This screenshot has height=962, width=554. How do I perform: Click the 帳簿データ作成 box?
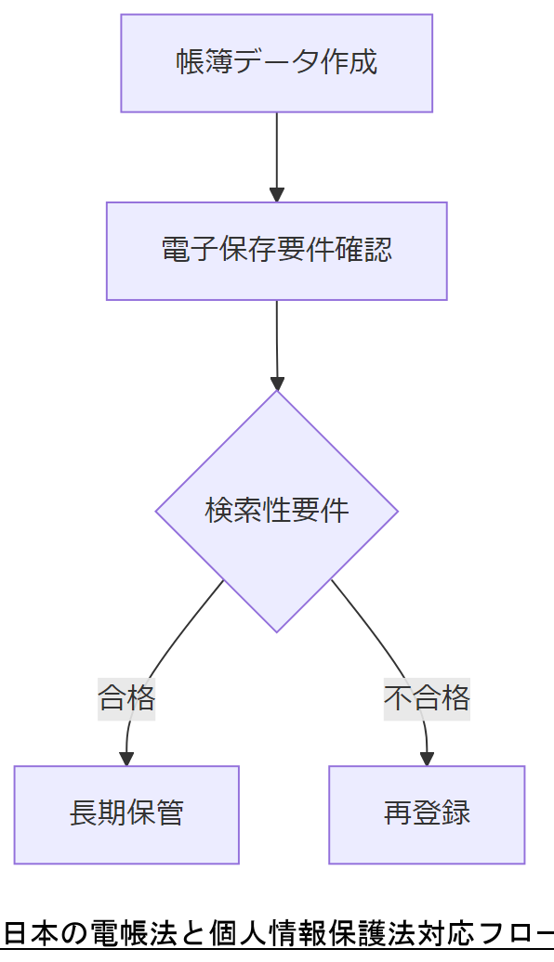click(276, 63)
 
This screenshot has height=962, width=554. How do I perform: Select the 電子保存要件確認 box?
click(276, 251)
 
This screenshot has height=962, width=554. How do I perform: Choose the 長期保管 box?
click(126, 814)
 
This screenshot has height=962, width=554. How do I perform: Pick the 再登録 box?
click(427, 814)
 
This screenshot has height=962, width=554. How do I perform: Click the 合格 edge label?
click(126, 696)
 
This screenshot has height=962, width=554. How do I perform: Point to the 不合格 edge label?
click(427, 696)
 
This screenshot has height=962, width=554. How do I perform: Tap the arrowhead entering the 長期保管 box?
click(126, 758)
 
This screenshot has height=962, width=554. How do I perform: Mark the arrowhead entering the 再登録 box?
click(427, 758)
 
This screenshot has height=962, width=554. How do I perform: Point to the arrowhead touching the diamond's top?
click(276, 383)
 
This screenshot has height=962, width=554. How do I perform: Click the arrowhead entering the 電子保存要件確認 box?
click(276, 195)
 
